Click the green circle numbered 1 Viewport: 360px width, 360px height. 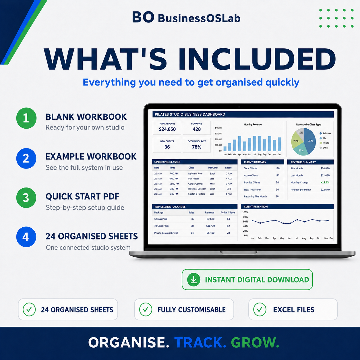pos(26,118)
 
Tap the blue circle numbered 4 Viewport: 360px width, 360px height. pos(26,237)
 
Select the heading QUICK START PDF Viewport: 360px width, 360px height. pos(82,197)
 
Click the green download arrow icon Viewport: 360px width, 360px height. pos(194,280)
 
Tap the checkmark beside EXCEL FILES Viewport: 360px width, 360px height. pos(260,309)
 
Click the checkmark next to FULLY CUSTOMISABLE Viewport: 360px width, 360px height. pos(146,309)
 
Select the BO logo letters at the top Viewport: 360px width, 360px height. pos(143,17)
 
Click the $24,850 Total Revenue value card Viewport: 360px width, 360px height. pos(167,127)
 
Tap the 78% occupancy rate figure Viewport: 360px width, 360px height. pos(197,147)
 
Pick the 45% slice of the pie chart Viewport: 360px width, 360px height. pos(309,141)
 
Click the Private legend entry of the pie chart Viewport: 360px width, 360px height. pos(324,143)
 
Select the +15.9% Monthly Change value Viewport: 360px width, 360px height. pos(325,183)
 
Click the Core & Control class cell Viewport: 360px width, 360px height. pos(195,184)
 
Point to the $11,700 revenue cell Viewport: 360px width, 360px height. pos(210,226)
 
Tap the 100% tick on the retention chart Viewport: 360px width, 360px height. pos(245,212)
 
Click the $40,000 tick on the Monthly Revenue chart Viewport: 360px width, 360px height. pos(218,128)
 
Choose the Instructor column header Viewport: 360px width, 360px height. pos(213,168)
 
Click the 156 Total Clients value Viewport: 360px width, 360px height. pos(277,169)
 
